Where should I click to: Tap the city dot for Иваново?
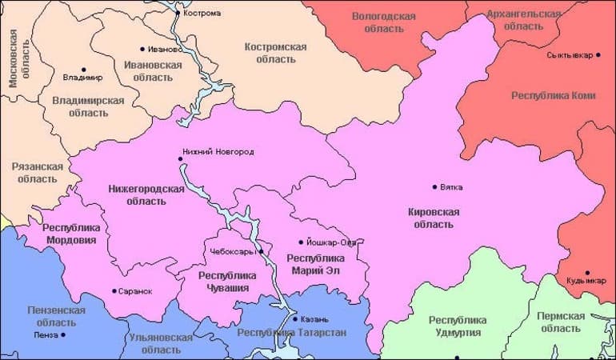pos(142,49)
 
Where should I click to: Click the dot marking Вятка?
pos(434,187)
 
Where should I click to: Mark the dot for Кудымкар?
pos(587,273)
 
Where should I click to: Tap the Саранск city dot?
pos(114,291)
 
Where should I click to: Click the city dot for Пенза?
pos(64,334)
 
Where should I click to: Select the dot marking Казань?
pos(295,319)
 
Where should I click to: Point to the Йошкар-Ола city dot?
pos(301,242)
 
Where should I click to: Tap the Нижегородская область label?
pos(146,194)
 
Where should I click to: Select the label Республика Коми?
pos(553,95)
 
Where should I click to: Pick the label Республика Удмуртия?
pos(457,326)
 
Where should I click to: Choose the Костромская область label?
pos(275,53)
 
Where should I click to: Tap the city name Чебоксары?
pos(230,251)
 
